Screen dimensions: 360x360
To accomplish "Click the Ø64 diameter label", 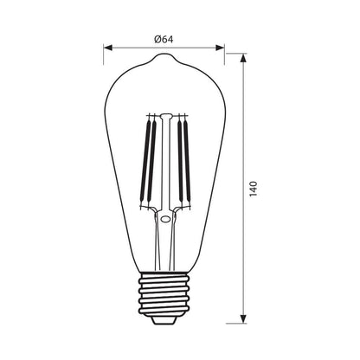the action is click(x=164, y=39).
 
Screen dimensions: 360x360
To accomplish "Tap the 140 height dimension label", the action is click(x=253, y=189).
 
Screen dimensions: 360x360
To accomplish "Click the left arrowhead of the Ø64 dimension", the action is click(x=107, y=48).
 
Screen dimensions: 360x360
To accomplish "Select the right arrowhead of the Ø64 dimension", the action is click(x=220, y=48).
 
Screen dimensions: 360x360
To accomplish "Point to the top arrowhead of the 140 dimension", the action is click(x=244, y=58).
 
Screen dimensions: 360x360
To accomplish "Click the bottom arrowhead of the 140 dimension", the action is click(x=244, y=319).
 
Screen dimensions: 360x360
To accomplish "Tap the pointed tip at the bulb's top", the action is click(x=164, y=55).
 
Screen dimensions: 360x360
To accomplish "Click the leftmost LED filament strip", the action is click(x=145, y=161).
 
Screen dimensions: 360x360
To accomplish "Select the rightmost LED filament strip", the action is click(x=187, y=161).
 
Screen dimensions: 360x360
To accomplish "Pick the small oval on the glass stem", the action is click(x=165, y=219).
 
